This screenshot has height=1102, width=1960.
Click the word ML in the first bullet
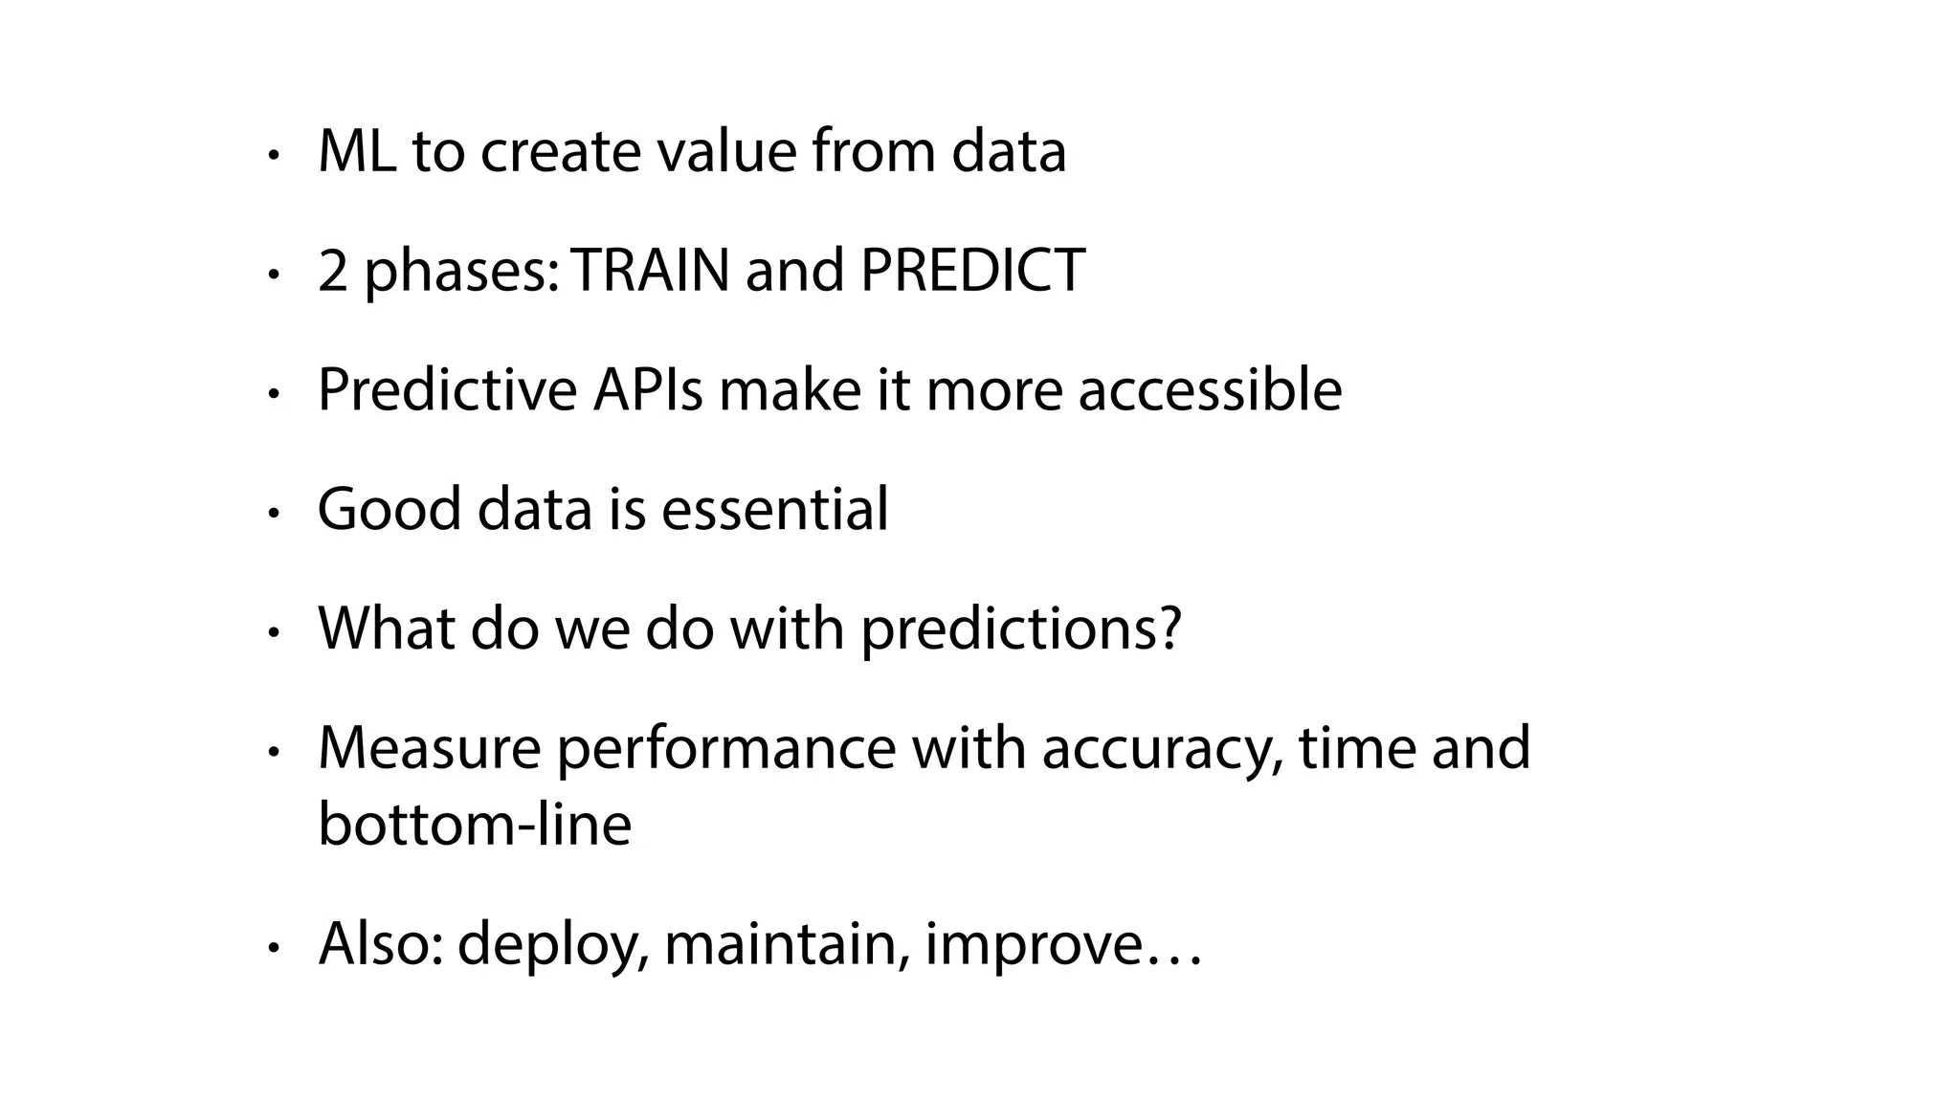tap(356, 152)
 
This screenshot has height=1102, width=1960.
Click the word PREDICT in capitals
tap(972, 271)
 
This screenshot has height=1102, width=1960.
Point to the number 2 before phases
tap(332, 271)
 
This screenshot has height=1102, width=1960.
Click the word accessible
tap(1210, 390)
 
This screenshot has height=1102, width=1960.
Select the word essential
tap(774, 509)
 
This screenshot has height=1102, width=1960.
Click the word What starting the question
tap(387, 628)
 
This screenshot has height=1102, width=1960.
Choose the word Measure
tap(429, 748)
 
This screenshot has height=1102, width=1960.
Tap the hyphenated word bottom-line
tap(474, 825)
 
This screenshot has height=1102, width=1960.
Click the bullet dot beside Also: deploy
tap(274, 948)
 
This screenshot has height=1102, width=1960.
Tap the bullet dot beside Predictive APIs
tap(274, 393)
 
